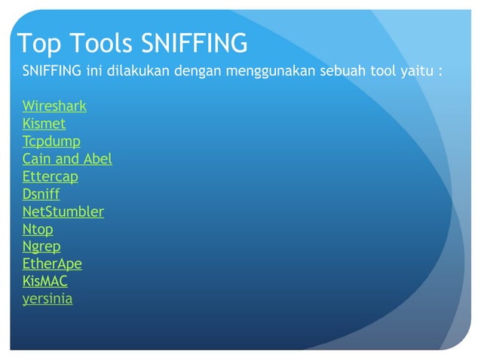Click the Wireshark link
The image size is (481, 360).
[x=54, y=106]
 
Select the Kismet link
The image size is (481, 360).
[x=44, y=124]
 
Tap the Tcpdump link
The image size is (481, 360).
[x=51, y=142]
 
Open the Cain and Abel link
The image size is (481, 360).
[x=67, y=159]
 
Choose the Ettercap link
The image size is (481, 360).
[x=50, y=176]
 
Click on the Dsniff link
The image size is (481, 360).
[x=41, y=194]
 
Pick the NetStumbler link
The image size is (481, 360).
[x=63, y=212]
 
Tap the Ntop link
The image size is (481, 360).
[x=38, y=230]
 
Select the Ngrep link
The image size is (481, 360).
[x=41, y=247]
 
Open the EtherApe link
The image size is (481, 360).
[x=52, y=264]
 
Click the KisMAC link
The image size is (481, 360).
[x=44, y=282]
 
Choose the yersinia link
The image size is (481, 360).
[x=47, y=299]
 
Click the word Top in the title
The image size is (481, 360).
[x=36, y=44]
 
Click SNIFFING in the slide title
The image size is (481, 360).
[x=195, y=44]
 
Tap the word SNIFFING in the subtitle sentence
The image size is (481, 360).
[x=52, y=72]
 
